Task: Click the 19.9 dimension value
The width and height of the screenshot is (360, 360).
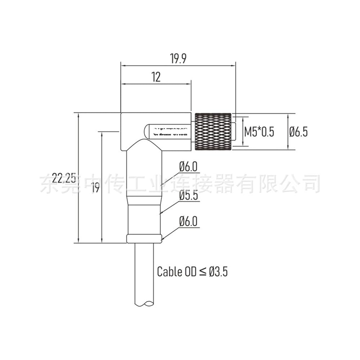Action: pyautogui.click(x=178, y=59)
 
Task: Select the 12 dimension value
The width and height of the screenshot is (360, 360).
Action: pyautogui.click(x=156, y=77)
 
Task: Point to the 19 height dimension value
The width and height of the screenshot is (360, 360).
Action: pyautogui.click(x=95, y=188)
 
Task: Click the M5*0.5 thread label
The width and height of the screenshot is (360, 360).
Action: pyautogui.click(x=259, y=132)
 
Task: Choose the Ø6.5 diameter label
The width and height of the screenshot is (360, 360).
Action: pyautogui.click(x=298, y=132)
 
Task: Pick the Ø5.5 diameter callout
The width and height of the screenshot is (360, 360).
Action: pyautogui.click(x=189, y=196)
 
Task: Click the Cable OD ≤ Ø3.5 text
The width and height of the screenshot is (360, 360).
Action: pyautogui.click(x=192, y=271)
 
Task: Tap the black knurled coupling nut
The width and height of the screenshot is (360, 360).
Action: pyautogui.click(x=213, y=131)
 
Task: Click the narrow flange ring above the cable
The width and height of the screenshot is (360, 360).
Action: pyautogui.click(x=144, y=238)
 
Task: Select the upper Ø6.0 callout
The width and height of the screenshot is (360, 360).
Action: pyautogui.click(x=189, y=166)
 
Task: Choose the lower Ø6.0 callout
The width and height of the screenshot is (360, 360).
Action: pyautogui.click(x=189, y=221)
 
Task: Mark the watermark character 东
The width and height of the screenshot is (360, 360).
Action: pyautogui.click(x=48, y=183)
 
